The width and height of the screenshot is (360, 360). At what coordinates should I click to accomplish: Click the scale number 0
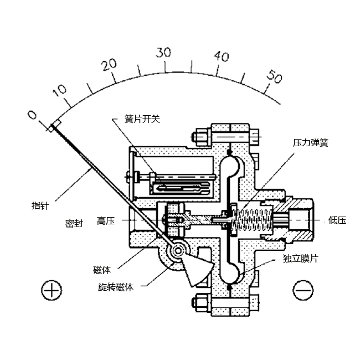pos(32,115)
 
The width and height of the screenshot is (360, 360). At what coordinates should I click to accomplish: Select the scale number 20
pos(110,64)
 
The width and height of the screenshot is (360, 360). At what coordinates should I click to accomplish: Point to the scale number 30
pos(163,53)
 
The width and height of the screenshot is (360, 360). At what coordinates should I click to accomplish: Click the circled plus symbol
pos(50,290)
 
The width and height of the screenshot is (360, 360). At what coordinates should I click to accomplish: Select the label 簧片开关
pos(142,120)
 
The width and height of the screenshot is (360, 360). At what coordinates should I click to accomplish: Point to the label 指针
pos(40,205)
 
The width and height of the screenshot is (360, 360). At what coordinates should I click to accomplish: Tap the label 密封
pos(74,224)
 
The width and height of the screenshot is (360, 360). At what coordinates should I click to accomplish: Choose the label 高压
pos(105,221)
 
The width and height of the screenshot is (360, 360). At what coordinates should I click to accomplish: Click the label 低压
pos(337,220)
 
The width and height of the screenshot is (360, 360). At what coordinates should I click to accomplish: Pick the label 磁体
pos(102,270)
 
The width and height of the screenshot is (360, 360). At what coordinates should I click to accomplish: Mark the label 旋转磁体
pos(116,287)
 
